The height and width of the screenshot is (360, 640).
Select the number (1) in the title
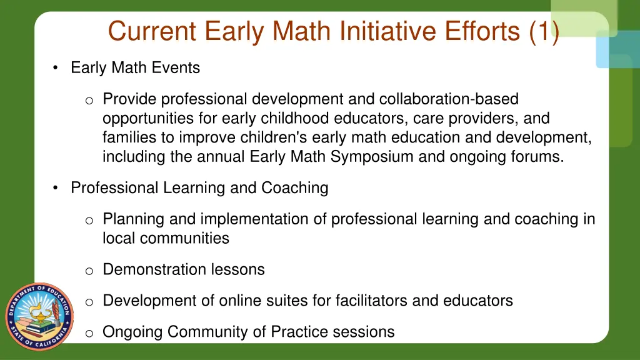(543, 31)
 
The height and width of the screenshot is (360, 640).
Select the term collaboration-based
(448, 99)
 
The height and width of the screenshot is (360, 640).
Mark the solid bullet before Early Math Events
(57, 68)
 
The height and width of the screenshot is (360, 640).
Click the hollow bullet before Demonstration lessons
(89, 271)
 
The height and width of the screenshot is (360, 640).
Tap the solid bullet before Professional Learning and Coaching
(57, 188)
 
